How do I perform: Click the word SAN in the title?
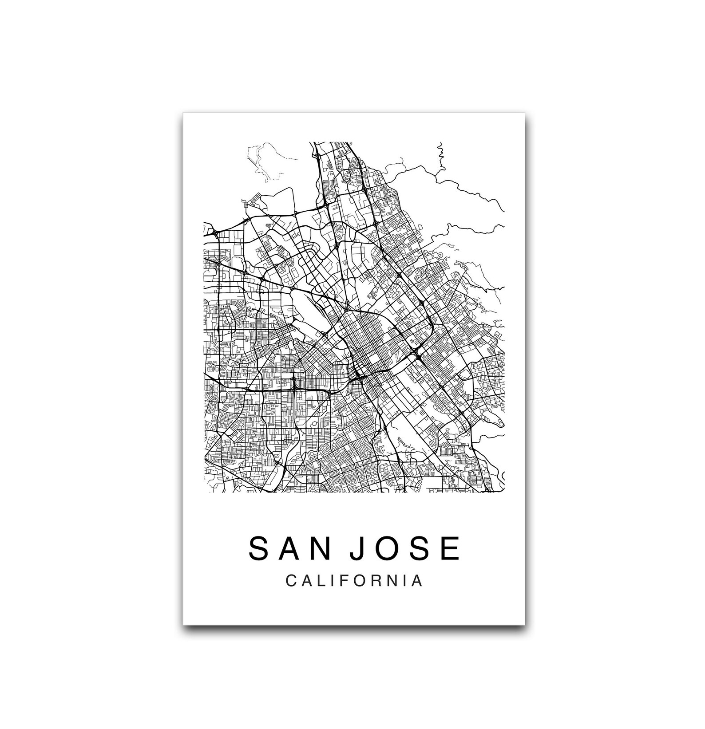(289, 548)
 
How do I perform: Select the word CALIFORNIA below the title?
(354, 580)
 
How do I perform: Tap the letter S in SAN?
(258, 548)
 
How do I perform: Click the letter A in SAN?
(289, 548)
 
